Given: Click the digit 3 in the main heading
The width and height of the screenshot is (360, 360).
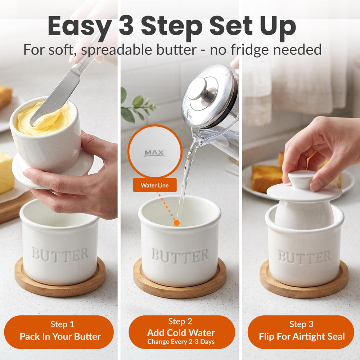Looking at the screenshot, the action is pos(126,26).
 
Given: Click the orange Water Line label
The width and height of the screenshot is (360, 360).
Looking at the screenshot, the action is pos(155,185).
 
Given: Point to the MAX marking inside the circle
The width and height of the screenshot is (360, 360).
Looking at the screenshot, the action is pos(155,153).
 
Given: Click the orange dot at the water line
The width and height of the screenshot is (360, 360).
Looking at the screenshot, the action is pos(176,223).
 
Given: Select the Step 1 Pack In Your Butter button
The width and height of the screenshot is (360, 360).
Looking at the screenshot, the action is pos(59,332).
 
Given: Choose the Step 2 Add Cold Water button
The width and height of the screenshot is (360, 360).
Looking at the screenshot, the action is pos(181,332).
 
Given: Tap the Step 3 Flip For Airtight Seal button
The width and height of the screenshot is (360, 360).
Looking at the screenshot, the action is pos(301,332).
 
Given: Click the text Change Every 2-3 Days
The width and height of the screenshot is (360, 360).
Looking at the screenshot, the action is pos(181,342).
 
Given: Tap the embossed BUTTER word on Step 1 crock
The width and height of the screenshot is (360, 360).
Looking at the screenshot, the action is pos(60,255).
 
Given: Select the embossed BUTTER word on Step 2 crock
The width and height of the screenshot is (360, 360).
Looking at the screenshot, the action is pos(180,255).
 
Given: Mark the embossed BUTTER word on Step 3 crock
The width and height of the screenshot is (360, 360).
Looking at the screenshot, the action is pos(305,256).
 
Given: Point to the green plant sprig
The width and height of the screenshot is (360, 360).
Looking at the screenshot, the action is pos(136,106).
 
